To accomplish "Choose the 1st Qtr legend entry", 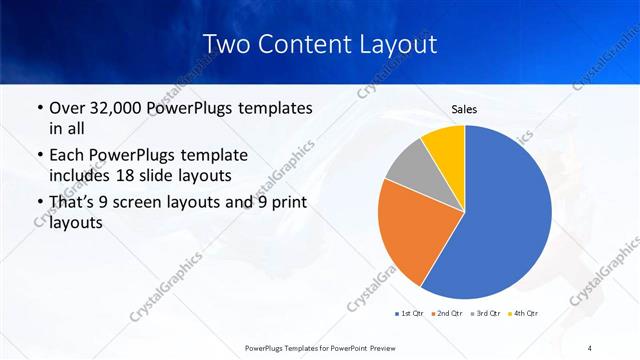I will (411, 313).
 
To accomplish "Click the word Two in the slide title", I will (227, 44).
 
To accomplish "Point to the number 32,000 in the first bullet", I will (120, 107).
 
